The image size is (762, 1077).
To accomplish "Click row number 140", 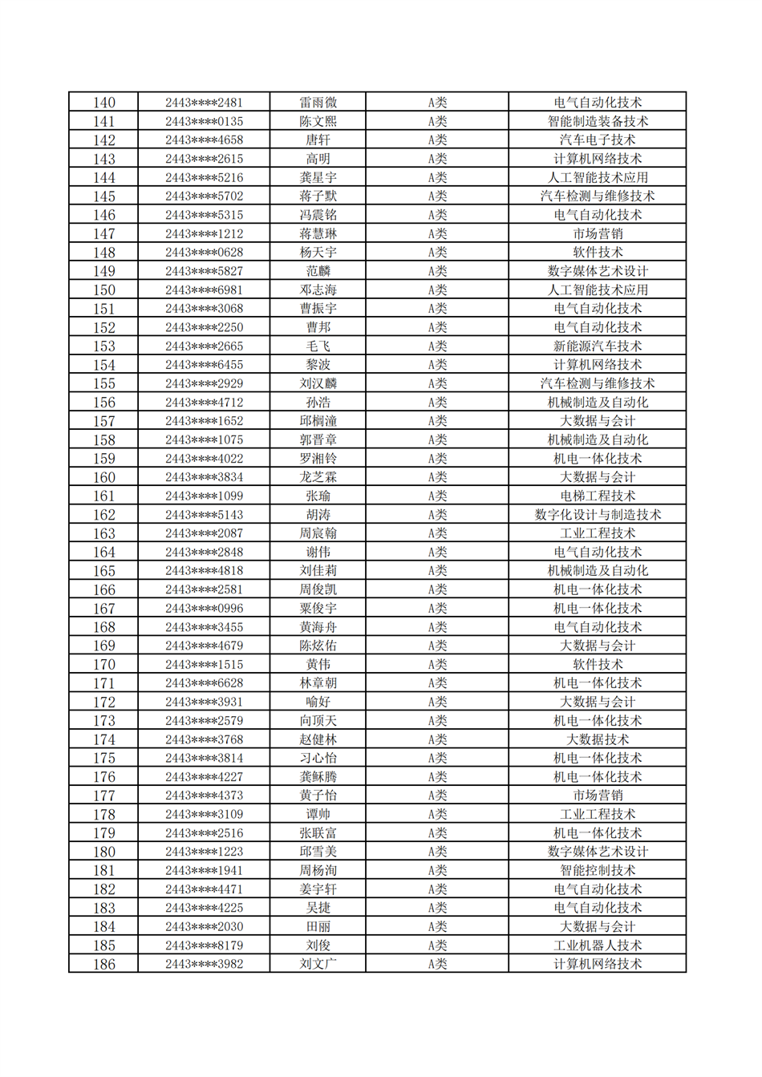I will [104, 103].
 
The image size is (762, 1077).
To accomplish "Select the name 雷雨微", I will [318, 103].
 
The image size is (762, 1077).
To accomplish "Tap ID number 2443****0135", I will [204, 122].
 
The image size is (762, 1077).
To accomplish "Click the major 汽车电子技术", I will [598, 140].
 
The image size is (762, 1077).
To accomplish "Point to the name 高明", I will [318, 159].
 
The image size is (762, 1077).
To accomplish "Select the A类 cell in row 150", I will [437, 290].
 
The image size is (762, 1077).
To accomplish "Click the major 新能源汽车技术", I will [598, 346].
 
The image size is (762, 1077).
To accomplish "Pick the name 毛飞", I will [318, 346].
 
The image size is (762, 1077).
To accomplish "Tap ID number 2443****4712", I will [204, 403].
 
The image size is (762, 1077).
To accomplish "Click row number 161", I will [104, 496].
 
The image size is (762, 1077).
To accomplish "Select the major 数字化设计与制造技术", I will [598, 515].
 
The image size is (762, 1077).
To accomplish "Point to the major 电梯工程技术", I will [598, 496].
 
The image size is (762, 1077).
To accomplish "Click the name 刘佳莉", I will [318, 571].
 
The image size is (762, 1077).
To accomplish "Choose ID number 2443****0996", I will [204, 609].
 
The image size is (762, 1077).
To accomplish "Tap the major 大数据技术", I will [598, 739].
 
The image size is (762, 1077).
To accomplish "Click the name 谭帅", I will [318, 814].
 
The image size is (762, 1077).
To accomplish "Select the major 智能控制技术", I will [598, 870].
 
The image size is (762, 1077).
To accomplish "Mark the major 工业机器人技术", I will [598, 945].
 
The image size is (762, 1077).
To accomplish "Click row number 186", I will [104, 964].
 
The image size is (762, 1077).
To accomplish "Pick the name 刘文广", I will [318, 964].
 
